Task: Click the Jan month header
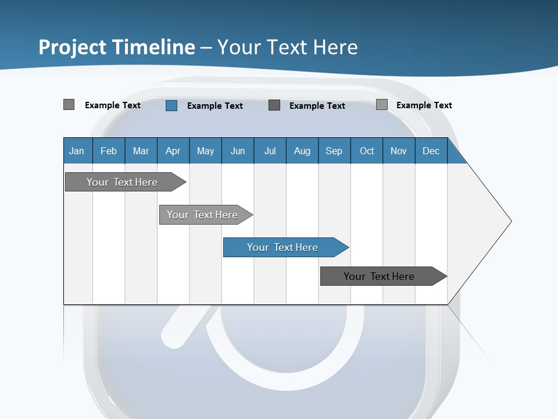(x=77, y=151)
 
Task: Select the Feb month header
(x=109, y=151)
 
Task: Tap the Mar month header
(x=141, y=151)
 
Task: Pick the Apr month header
(x=173, y=151)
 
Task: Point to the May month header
(x=205, y=151)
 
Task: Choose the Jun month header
(x=238, y=151)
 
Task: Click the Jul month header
(x=270, y=151)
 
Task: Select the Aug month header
(x=302, y=151)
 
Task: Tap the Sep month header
(x=334, y=151)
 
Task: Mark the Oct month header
(x=367, y=151)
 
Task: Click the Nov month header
(x=399, y=151)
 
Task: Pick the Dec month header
(x=431, y=151)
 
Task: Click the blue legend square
(x=171, y=105)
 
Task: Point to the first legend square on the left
(x=69, y=105)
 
